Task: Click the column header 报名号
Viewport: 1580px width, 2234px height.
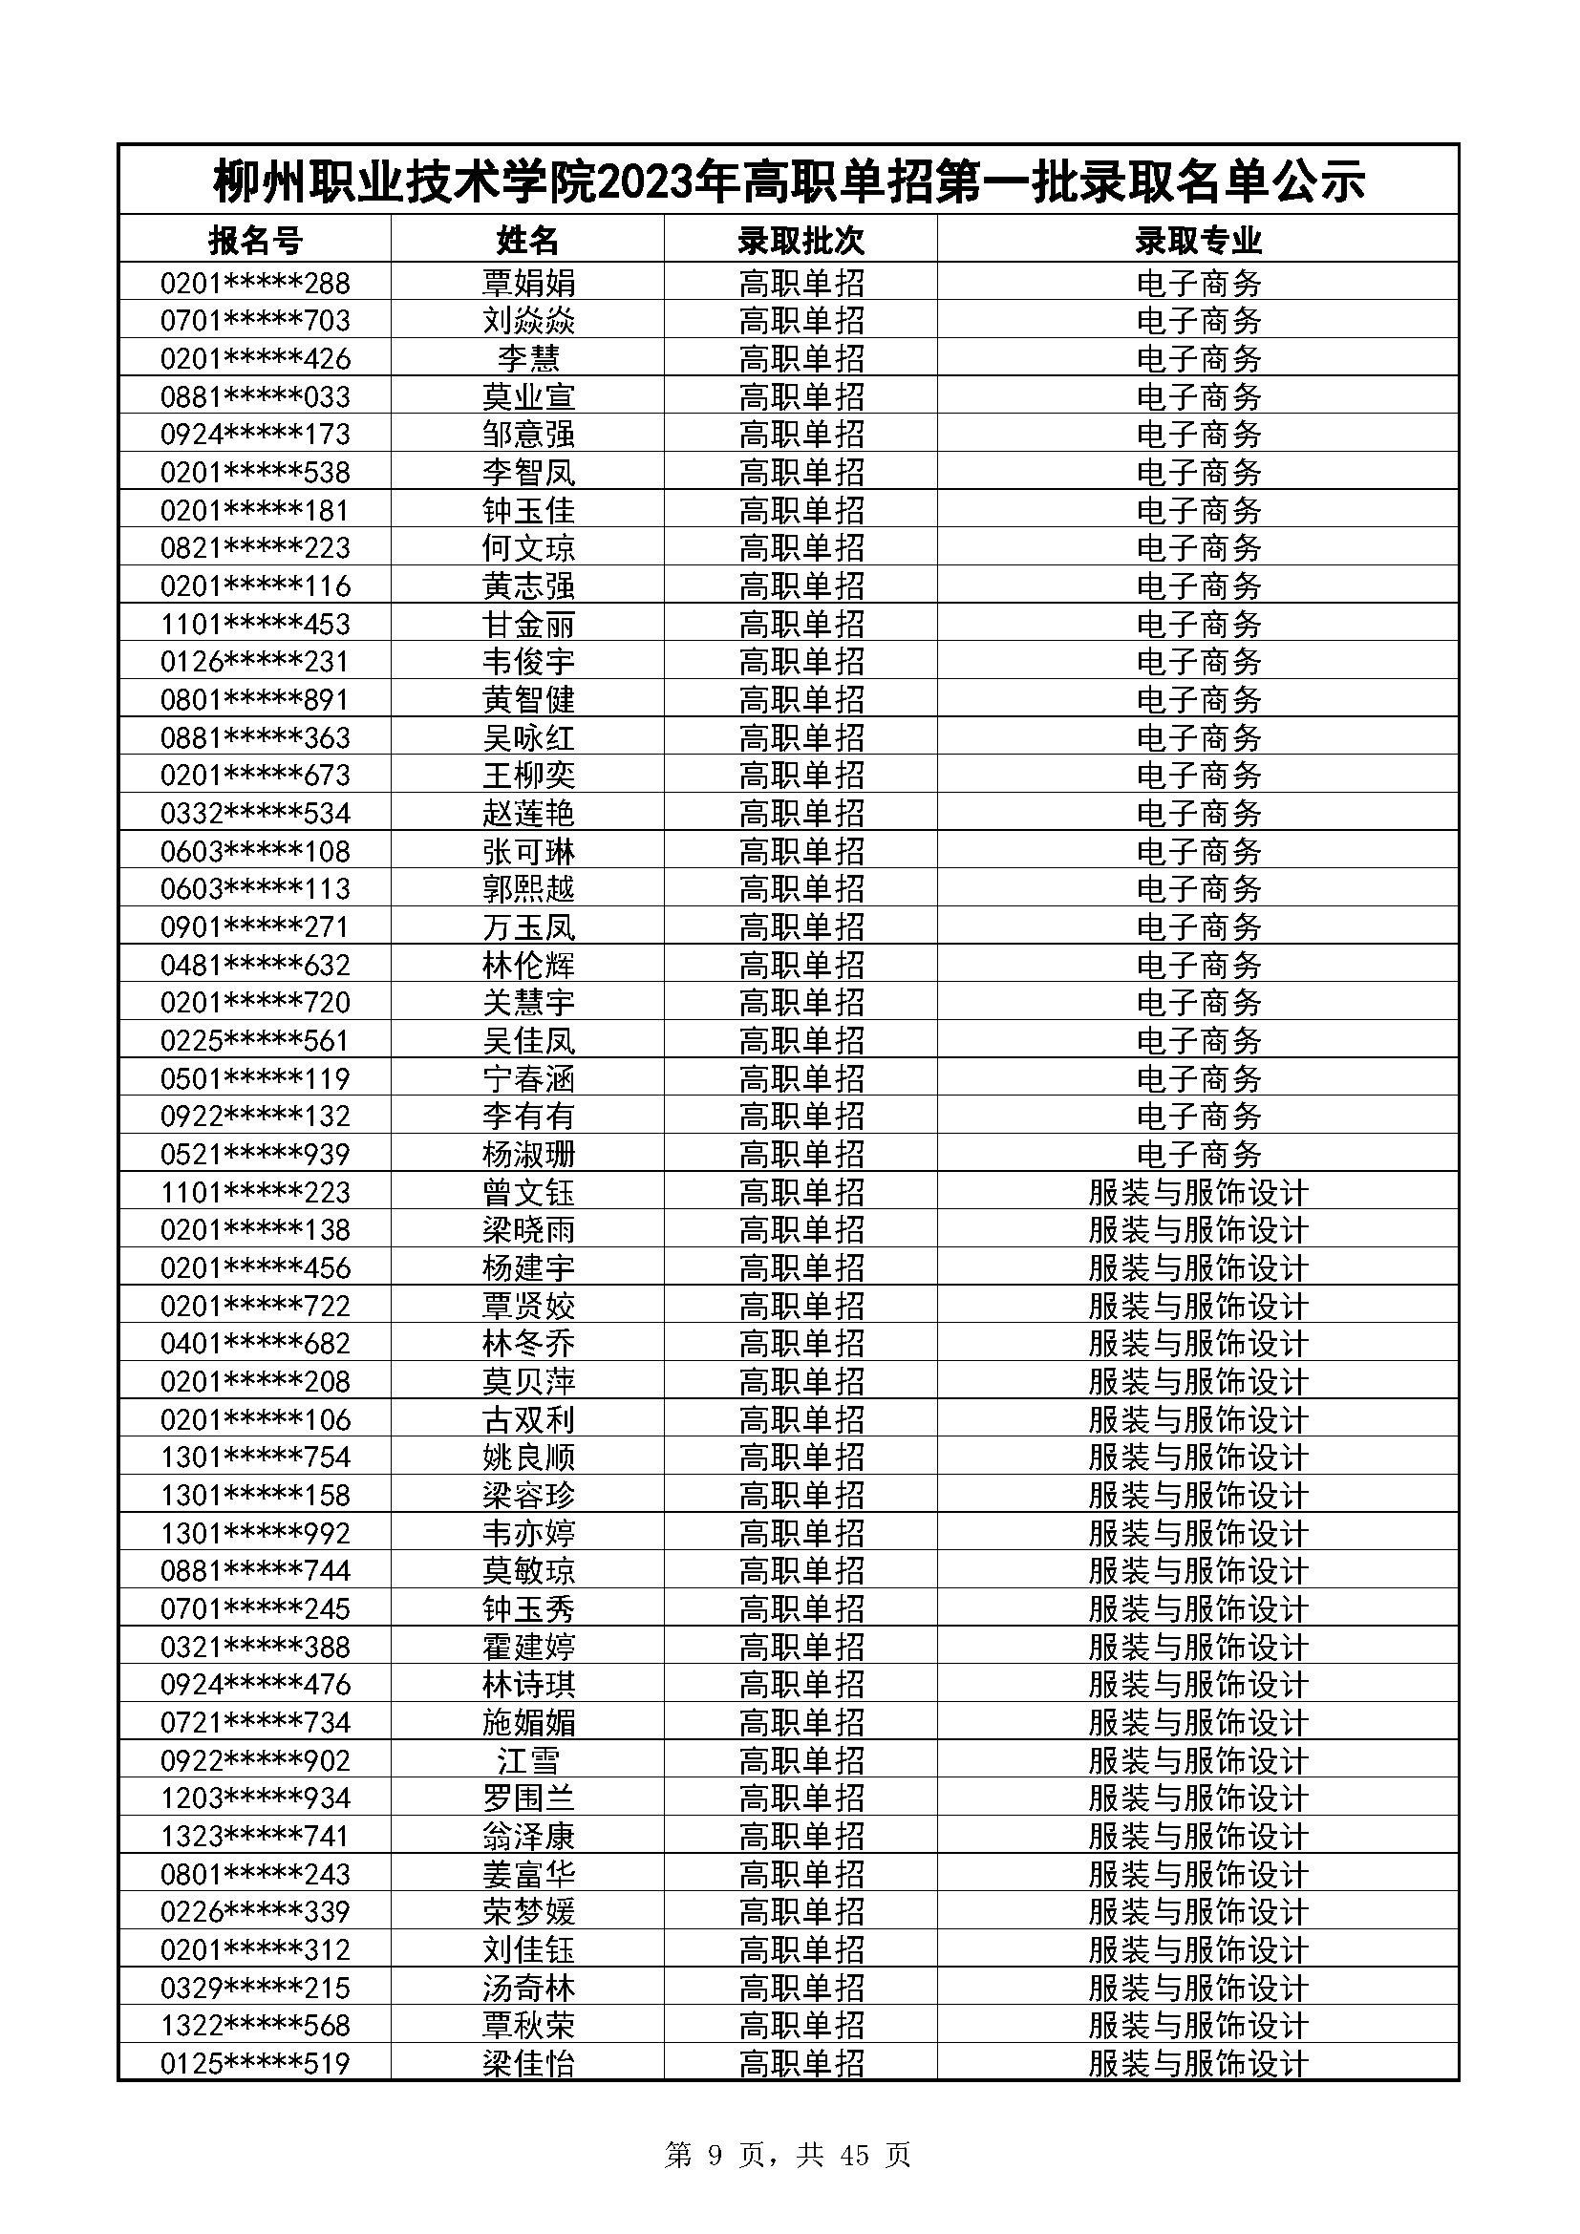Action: (255, 240)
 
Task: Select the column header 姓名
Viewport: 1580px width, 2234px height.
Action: (528, 240)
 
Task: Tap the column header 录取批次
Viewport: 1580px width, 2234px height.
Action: (801, 240)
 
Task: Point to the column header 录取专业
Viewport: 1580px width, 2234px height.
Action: (1198, 240)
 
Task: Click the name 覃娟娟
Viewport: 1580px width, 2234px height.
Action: (528, 283)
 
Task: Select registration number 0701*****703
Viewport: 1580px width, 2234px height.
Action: (255, 321)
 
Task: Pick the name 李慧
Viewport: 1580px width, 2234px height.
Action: (528, 359)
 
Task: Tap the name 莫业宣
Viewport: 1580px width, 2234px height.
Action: (528, 397)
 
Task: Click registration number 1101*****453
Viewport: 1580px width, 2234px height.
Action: (255, 624)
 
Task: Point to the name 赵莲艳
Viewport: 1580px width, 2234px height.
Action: (528, 814)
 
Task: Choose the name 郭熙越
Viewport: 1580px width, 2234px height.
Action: (528, 889)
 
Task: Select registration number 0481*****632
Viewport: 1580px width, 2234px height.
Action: (255, 966)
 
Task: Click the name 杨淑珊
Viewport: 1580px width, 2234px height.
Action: (528, 1154)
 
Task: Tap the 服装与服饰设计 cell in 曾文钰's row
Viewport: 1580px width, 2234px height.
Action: (1198, 1192)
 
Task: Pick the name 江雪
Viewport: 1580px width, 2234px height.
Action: (528, 1760)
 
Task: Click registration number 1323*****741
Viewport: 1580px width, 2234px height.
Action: (255, 1836)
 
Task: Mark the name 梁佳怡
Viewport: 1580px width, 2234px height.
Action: (528, 2064)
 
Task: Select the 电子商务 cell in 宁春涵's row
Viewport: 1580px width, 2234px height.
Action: (1198, 1078)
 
